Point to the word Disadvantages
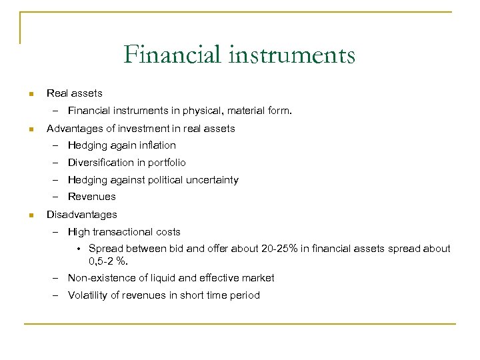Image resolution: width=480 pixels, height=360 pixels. pos(81,215)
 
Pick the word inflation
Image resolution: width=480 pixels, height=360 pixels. pos(159,145)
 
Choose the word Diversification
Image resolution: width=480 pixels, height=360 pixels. pos(101,163)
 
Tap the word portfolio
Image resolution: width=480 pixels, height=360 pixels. pos(166,163)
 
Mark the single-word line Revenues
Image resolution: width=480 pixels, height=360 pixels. pos(91,197)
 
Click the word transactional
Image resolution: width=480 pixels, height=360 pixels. pos(125,232)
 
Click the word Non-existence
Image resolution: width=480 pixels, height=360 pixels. pos(100,278)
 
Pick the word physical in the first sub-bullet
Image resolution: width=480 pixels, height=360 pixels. pos(205,111)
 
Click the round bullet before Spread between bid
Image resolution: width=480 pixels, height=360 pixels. pos(79,249)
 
